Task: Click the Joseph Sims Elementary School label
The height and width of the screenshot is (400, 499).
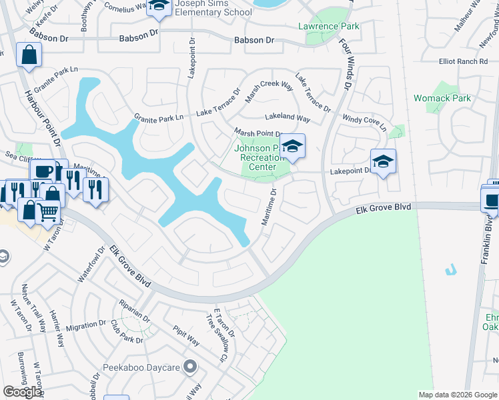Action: pyautogui.click(x=213, y=8)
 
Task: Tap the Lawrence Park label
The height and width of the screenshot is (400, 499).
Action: pyautogui.click(x=328, y=27)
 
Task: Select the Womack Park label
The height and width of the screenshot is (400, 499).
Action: pyautogui.click(x=442, y=98)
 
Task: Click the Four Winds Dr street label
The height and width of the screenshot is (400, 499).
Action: pyautogui.click(x=345, y=63)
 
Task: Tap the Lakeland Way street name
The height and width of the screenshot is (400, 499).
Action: pyautogui.click(x=288, y=118)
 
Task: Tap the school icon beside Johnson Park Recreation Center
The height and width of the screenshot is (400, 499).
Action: pyautogui.click(x=292, y=146)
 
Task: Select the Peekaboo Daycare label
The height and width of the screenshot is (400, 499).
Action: pyautogui.click(x=141, y=367)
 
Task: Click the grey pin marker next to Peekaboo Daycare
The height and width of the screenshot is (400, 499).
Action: pyautogui.click(x=191, y=366)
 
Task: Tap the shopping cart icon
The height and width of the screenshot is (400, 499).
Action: pyautogui.click(x=47, y=212)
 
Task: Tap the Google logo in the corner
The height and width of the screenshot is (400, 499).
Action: pyautogui.click(x=23, y=392)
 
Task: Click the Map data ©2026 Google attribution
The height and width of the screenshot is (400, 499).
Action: pyautogui.click(x=457, y=395)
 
